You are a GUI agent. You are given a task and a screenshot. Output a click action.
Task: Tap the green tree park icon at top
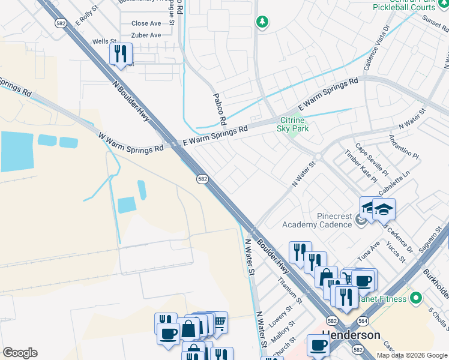[262, 22]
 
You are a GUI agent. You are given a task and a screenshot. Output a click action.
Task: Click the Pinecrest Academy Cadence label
[317, 220]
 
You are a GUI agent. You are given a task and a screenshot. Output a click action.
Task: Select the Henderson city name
[351, 335]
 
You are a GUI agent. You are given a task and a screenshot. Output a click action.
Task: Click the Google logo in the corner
[20, 353]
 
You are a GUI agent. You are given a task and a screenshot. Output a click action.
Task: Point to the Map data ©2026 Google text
[411, 355]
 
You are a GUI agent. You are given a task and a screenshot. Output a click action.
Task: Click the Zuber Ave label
[146, 35]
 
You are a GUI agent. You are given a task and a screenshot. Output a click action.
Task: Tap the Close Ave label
[146, 24]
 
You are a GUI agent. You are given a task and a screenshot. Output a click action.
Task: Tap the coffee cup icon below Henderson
[318, 345]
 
